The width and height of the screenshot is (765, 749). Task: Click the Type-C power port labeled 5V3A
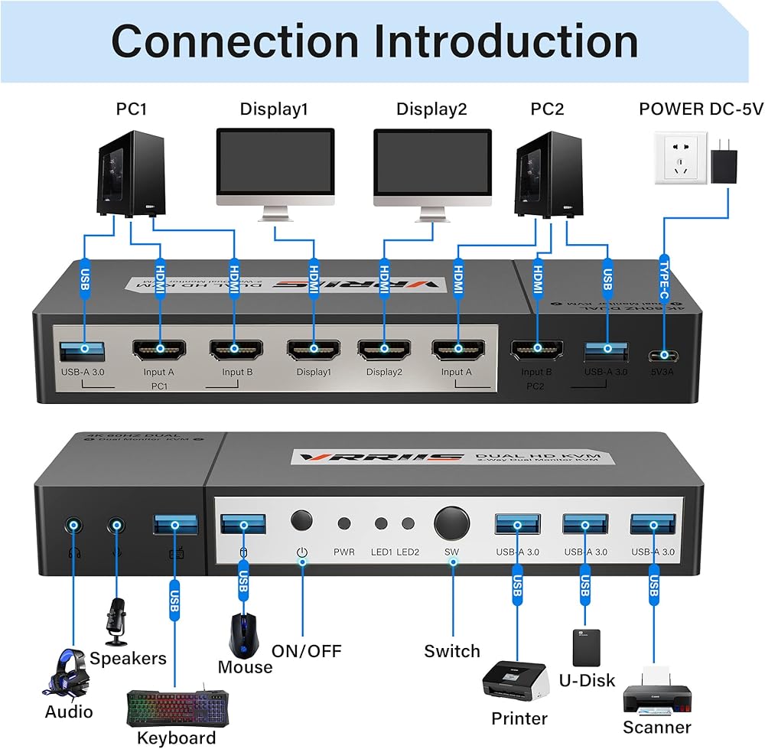663,355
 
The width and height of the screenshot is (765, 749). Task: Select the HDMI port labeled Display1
313,350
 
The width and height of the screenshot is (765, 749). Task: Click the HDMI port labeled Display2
384,350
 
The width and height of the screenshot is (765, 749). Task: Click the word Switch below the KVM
452,651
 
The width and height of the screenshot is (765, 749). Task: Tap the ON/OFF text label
307,651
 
